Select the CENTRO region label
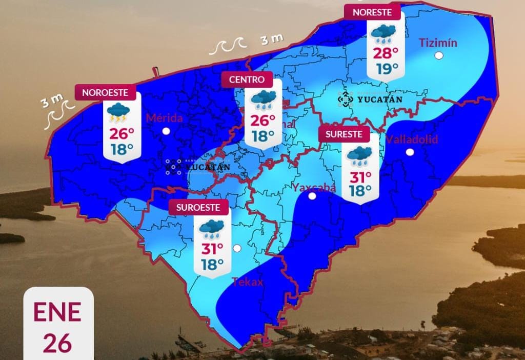coord(247,79)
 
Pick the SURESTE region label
coord(344,134)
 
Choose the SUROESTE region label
coord(198,207)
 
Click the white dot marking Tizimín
coord(438,56)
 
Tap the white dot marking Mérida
coord(166,131)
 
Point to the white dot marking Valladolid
coord(410,152)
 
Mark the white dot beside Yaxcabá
coord(312,196)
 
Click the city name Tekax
coord(248,282)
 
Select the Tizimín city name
coord(438,43)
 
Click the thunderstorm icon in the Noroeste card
coord(118,113)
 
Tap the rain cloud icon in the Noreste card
coord(383,34)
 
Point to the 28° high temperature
coord(385,53)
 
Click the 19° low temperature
coord(385,68)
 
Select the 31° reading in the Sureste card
coord(360,177)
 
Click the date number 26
coord(57,343)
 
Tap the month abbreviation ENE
coord(57,312)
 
